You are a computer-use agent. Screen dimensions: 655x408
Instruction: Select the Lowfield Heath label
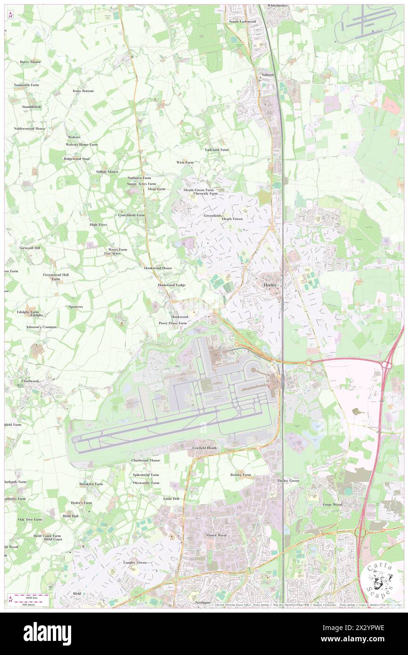coord(204,448)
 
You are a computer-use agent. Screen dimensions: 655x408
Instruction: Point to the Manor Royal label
coord(216,536)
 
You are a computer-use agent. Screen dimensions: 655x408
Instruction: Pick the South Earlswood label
coord(242,22)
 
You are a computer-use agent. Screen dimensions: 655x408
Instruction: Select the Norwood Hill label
coord(30,248)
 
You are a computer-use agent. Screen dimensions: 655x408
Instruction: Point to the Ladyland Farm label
coord(216,150)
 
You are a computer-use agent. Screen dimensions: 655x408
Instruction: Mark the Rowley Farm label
coord(240,475)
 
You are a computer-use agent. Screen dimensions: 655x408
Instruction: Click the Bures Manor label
coord(30,62)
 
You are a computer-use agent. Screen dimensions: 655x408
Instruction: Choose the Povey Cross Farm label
coord(172,323)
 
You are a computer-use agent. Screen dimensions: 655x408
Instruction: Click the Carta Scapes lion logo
coord(381,578)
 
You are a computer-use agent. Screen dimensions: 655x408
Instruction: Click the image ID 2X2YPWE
coord(367,628)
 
